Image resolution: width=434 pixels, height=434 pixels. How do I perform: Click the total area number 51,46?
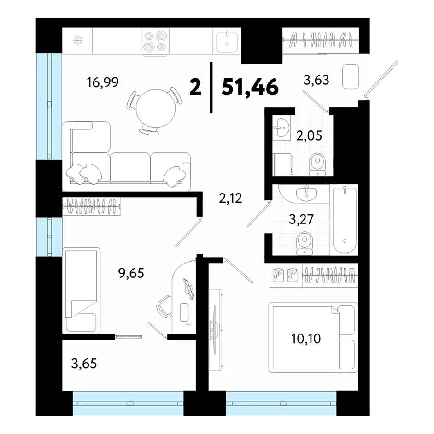(250, 87)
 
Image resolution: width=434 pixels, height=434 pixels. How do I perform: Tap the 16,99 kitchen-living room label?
(103, 82)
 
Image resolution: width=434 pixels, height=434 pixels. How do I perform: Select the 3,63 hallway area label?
(317, 80)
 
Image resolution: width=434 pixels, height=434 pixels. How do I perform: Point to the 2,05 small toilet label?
(309, 135)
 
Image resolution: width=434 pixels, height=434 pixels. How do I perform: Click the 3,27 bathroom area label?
(301, 219)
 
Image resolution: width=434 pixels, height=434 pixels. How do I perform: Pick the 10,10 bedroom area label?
(306, 338)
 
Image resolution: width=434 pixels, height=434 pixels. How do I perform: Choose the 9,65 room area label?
(131, 273)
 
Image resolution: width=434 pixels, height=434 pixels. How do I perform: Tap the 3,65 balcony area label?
(84, 363)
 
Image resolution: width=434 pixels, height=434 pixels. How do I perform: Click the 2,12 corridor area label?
(230, 198)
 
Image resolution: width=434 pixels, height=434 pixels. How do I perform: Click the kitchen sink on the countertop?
(227, 42)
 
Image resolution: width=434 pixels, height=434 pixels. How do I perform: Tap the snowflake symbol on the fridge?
(78, 41)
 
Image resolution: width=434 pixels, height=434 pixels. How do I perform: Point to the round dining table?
(156, 108)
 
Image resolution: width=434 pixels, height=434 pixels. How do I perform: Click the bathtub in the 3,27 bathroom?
(344, 220)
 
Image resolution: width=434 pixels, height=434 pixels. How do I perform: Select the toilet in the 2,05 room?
(317, 164)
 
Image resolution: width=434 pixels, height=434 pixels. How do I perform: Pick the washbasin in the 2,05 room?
(282, 128)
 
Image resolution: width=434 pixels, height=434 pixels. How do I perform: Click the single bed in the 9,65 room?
(82, 290)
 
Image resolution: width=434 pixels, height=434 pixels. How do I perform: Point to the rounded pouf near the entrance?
(351, 76)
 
